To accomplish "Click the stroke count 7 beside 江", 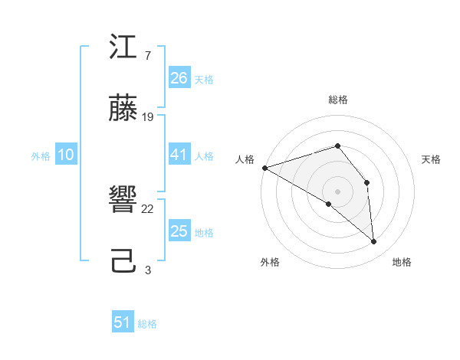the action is tap(147, 56).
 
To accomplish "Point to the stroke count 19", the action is tap(148, 116).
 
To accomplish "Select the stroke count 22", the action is tap(148, 208).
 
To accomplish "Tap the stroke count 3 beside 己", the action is tap(147, 269).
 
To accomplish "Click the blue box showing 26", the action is tap(179, 78).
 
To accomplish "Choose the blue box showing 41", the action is tap(179, 155).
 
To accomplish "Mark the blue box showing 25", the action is tap(179, 231).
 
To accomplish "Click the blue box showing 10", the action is tap(66, 155).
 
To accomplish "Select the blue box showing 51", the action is tap(123, 322).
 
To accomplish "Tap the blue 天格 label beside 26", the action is tap(204, 79).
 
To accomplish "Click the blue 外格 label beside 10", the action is tap(41, 155).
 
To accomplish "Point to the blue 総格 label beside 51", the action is tap(147, 323).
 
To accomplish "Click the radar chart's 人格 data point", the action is tap(264, 167).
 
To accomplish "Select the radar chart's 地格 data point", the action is tap(374, 241).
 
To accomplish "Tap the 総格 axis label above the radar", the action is tap(337, 100).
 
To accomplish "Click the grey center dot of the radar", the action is tap(337, 191).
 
